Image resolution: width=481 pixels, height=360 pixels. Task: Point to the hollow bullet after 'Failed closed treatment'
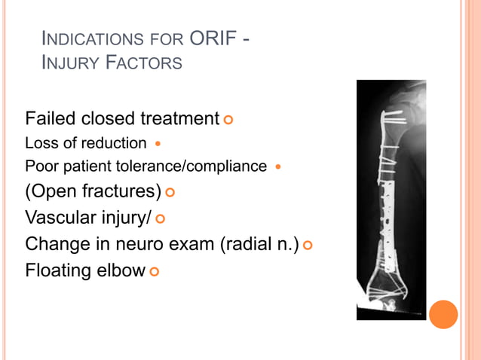[x=228, y=120]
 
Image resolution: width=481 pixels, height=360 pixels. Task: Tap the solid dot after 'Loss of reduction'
[x=158, y=143]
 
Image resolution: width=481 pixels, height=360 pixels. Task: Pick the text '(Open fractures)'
[x=92, y=192]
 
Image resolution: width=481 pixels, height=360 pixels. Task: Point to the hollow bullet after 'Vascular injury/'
[x=160, y=219]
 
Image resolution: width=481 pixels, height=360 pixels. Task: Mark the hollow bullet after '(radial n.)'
[x=308, y=245]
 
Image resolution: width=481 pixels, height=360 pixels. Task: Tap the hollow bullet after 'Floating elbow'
[x=154, y=270]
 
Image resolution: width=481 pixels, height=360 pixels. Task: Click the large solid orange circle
[x=444, y=314]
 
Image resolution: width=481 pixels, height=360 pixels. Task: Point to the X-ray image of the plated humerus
[x=391, y=200]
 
